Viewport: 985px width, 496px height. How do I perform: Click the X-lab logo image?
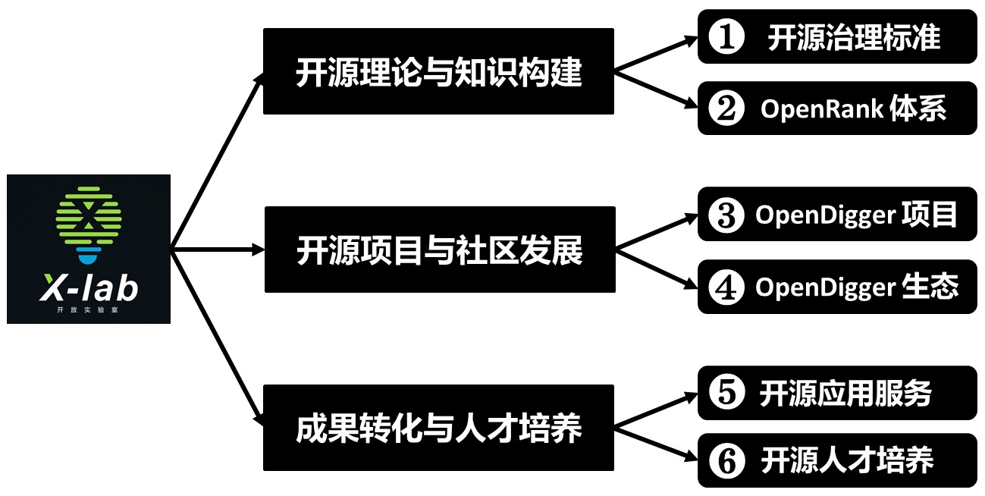(89, 249)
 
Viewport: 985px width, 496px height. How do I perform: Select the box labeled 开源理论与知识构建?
(438, 72)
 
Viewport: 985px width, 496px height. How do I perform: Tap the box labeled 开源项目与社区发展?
(440, 249)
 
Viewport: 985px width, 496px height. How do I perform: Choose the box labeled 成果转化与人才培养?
(438, 428)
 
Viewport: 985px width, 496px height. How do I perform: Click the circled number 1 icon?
(726, 37)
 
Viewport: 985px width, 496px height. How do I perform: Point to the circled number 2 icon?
(726, 109)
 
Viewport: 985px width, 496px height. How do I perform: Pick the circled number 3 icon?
(726, 215)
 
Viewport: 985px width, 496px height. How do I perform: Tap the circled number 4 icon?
(726, 287)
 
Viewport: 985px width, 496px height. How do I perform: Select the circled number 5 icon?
(726, 394)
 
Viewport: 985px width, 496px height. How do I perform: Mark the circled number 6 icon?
(726, 461)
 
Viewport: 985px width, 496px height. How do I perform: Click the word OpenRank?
(822, 109)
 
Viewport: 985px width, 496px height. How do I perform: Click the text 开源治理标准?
(854, 37)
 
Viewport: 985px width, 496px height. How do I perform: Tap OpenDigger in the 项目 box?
(826, 215)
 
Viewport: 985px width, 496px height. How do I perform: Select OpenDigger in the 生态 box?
(826, 287)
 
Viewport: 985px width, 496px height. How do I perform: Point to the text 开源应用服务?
(845, 394)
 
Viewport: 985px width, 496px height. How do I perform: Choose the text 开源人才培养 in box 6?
(846, 461)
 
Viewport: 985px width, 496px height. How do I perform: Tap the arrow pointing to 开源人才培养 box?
(657, 444)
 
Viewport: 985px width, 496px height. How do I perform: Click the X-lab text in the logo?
(89, 289)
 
